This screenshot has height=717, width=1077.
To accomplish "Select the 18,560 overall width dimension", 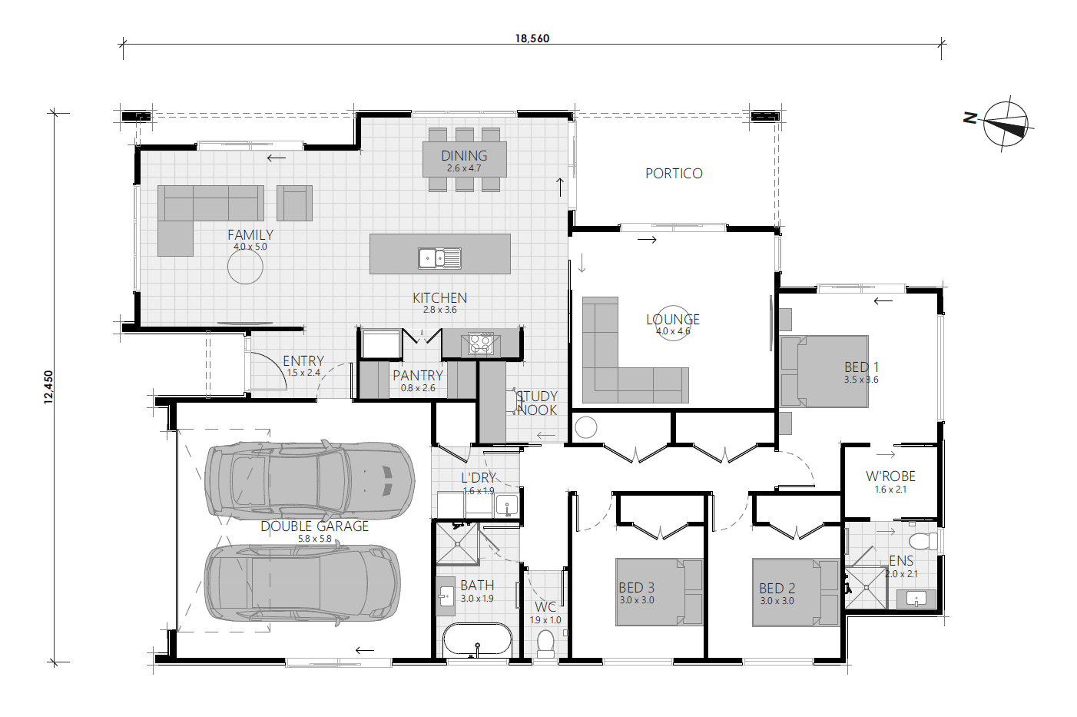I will coord(532,38).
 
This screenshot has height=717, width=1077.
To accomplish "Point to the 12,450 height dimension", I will coord(49,387).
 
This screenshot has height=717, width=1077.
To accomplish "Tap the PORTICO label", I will coord(674,174).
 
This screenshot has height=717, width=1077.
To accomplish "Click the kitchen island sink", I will coord(439,258).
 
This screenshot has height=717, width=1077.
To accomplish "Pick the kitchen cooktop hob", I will coord(481,343).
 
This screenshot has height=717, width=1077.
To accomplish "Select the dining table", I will coord(464,159).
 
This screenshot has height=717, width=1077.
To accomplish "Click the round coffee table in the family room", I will coord(245,267).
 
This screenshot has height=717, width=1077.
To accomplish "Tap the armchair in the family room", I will coord(294,203).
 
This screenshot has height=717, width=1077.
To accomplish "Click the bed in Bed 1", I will coord(824,371).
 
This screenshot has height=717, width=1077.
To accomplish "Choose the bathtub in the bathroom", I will coord(477,640).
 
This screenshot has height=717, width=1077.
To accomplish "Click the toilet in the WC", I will coord(545,642).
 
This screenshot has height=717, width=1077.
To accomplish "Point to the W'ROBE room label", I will coord(890,476).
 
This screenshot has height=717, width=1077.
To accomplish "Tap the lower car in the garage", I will coord(302,584).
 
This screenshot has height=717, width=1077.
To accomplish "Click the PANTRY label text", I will coord(418,375).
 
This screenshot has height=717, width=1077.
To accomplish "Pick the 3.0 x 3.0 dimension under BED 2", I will coord(777,601).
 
